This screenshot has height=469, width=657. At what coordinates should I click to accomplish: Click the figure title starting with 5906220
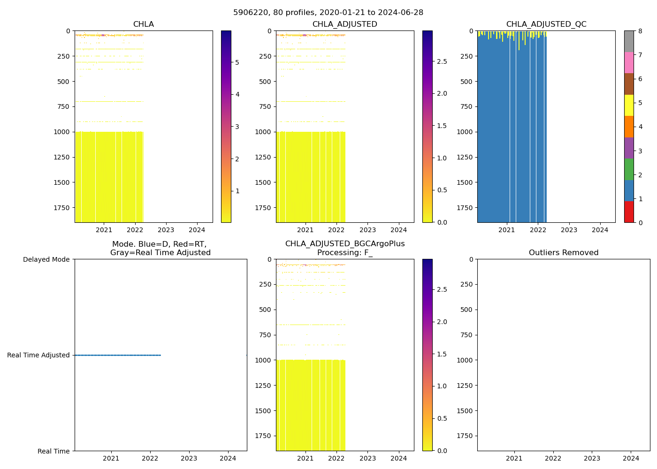328,13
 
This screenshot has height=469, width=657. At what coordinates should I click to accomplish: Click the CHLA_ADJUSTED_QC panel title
546,24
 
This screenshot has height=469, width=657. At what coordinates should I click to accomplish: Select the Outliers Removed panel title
563,253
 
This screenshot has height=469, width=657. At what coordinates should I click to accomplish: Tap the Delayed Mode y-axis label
46,259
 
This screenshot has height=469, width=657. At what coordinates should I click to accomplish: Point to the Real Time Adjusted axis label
38,355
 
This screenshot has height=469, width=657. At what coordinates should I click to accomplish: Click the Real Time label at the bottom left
53,451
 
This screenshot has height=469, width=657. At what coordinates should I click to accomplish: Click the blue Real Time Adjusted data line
117,355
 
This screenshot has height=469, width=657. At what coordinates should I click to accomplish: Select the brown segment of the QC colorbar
629,84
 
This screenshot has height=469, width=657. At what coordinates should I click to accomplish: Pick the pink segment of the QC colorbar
629,62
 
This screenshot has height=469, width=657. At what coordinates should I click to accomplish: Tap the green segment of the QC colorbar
629,169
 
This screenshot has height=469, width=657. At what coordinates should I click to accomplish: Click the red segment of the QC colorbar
629,212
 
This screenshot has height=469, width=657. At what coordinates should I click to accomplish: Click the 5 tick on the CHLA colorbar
237,62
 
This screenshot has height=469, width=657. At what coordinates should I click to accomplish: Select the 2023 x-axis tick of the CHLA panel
166,230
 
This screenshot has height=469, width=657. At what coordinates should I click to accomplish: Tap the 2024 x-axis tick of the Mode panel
228,458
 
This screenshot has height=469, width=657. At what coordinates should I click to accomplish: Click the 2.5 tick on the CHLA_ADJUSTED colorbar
442,61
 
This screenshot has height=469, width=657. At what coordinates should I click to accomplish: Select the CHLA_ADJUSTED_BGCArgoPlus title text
344,244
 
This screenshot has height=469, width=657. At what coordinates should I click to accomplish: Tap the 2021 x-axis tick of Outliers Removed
514,458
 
